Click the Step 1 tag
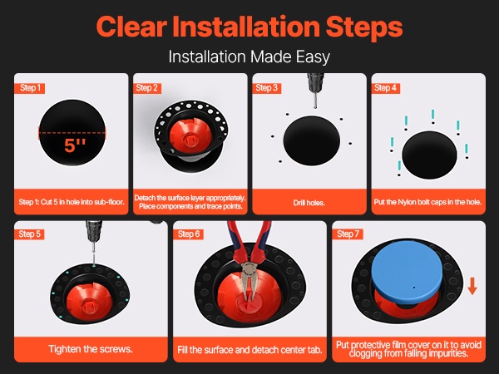click(x=30, y=88)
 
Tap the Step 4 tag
click(x=385, y=88)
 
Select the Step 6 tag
click(x=189, y=234)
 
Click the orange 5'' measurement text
click(x=75, y=145)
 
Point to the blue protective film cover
click(x=407, y=272)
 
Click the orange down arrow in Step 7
click(x=472, y=286)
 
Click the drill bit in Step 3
click(x=314, y=101)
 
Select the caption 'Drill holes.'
click(x=309, y=203)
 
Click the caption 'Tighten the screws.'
click(x=91, y=349)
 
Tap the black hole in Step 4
click(x=429, y=155)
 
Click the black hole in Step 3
click(x=312, y=140)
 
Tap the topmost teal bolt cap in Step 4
click(x=433, y=115)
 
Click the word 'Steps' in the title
click(x=364, y=27)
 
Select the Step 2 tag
click(x=146, y=88)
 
